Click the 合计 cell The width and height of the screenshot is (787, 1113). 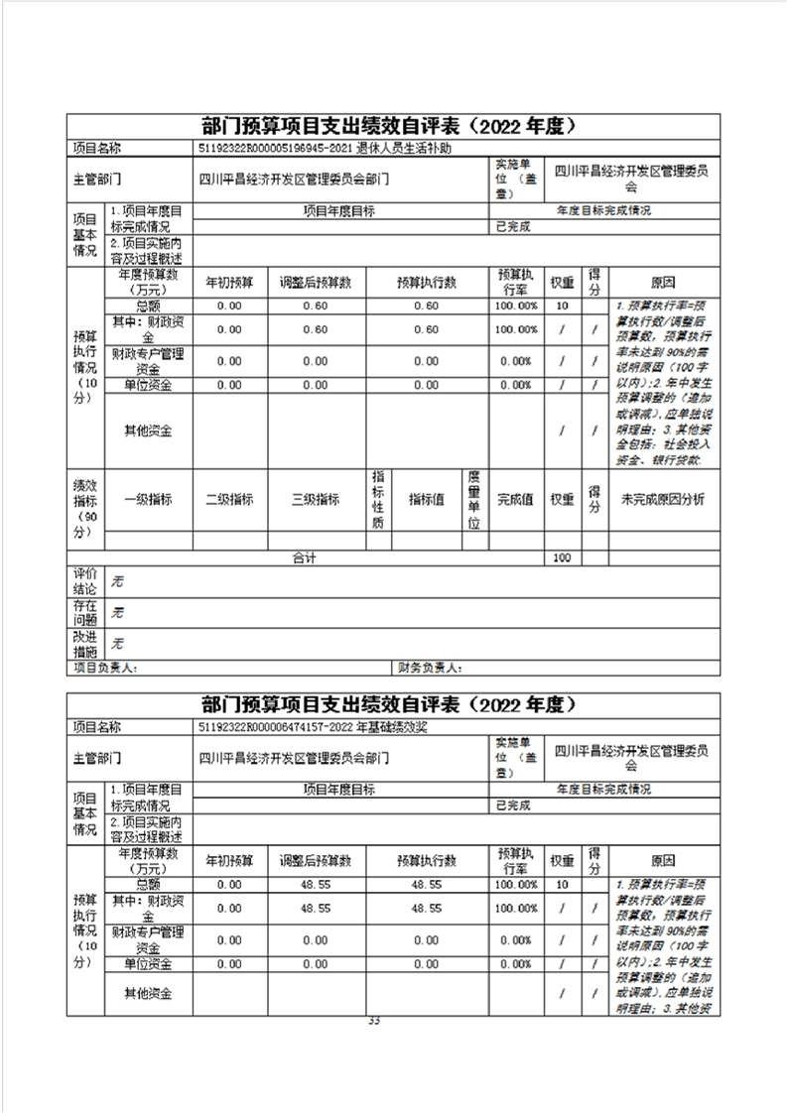pyautogui.click(x=304, y=558)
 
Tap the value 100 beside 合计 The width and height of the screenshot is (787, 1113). pyautogui.click(x=562, y=558)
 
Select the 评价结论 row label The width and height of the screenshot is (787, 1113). pyautogui.click(x=85, y=581)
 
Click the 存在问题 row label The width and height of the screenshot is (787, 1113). pyautogui.click(x=85, y=612)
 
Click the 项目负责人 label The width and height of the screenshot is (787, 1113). pyautogui.click(x=108, y=668)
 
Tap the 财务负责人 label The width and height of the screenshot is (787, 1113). pyautogui.click(x=431, y=668)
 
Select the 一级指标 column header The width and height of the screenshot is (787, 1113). pyautogui.click(x=148, y=500)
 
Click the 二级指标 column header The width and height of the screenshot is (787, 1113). pyautogui.click(x=229, y=500)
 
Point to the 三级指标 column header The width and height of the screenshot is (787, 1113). pyautogui.click(x=316, y=500)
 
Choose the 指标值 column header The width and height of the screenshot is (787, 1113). pyautogui.click(x=426, y=500)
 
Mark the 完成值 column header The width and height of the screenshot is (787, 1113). pyautogui.click(x=515, y=500)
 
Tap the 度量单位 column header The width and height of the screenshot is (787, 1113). pyautogui.click(x=474, y=500)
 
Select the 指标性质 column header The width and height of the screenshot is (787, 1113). pyautogui.click(x=378, y=500)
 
